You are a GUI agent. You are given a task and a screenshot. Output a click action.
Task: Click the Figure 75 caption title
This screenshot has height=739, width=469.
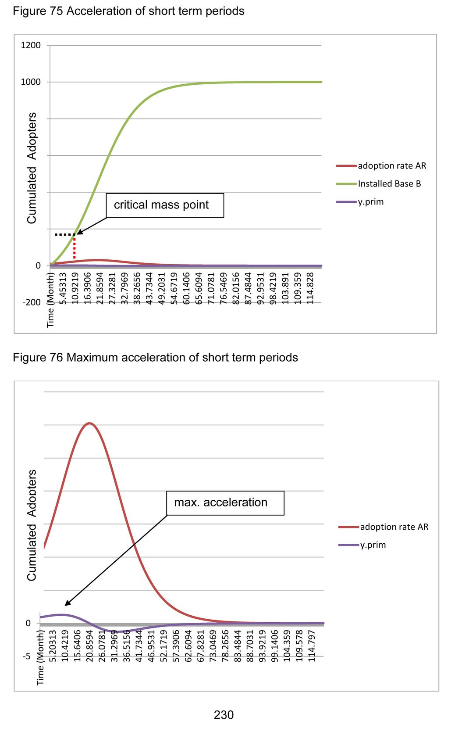coord(128,11)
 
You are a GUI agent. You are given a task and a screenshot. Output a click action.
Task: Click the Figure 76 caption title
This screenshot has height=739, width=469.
coord(155,358)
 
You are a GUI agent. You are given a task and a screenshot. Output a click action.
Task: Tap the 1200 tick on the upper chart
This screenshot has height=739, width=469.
coord(31,45)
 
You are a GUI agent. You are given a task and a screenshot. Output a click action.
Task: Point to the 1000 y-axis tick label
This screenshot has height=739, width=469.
coord(31,82)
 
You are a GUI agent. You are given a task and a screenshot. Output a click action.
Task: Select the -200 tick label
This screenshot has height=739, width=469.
coord(32,302)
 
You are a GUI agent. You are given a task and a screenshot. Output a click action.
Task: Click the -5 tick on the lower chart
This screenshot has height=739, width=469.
coord(27,656)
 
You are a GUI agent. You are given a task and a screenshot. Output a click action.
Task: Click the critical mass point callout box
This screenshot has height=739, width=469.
coord(165,205)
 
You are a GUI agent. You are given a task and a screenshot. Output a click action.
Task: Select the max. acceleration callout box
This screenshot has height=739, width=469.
coord(225,503)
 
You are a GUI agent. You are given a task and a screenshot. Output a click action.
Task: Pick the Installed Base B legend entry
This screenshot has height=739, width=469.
coord(389,184)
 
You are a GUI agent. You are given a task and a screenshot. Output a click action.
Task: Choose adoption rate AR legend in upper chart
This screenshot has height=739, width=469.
coord(392,166)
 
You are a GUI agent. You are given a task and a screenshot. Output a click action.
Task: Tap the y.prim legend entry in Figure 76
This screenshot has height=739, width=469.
coord(373,545)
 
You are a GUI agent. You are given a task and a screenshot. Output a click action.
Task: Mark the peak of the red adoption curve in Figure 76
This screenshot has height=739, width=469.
coord(89,423)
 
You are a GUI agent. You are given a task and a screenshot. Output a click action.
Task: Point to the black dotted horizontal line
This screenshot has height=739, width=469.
coord(65,235)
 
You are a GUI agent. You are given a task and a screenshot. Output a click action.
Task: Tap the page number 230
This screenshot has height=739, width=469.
coord(224,715)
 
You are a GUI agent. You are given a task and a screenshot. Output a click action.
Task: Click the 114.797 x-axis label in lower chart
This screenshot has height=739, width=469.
coord(312,646)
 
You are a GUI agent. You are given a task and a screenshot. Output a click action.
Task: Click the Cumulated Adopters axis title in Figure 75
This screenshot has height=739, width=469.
coord(32,168)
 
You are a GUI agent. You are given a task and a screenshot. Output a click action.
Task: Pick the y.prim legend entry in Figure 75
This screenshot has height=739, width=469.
coord(370,202)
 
